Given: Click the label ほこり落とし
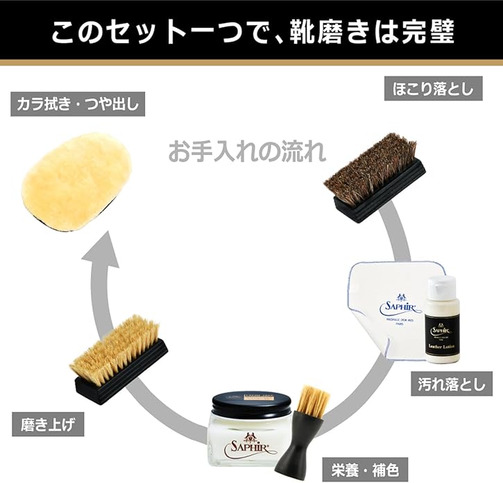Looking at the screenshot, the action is coord(429,89).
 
